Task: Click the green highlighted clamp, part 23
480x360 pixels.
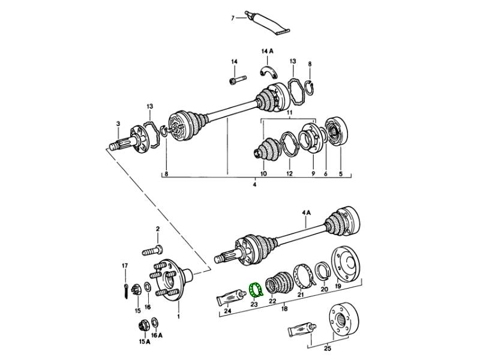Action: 256,290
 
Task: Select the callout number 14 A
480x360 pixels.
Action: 266,52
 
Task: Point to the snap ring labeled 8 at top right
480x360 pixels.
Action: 309,86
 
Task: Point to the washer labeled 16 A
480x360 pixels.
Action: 155,322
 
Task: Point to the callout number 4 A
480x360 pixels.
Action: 307,212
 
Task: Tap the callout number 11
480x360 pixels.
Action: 288,112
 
